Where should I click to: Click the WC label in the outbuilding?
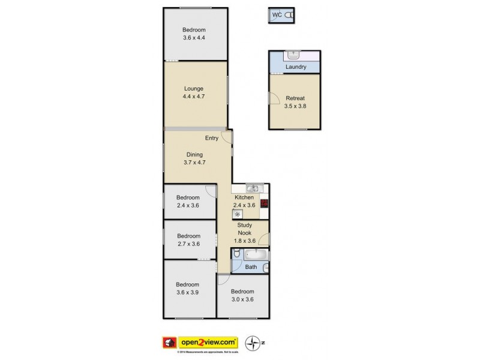coord(277,15)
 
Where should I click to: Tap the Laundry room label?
coord(296,67)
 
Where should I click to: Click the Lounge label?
coord(194,88)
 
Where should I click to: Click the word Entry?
coord(212,138)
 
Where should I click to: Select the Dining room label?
coord(194,154)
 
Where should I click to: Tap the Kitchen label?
coord(244,197)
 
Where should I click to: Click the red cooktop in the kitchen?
coord(263,203)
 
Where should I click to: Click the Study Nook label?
coord(244,229)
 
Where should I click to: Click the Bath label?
coord(251,267)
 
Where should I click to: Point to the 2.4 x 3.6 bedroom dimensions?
coord(188,205)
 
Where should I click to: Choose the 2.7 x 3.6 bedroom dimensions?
coord(188,244)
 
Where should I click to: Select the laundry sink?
coord(293,55)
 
